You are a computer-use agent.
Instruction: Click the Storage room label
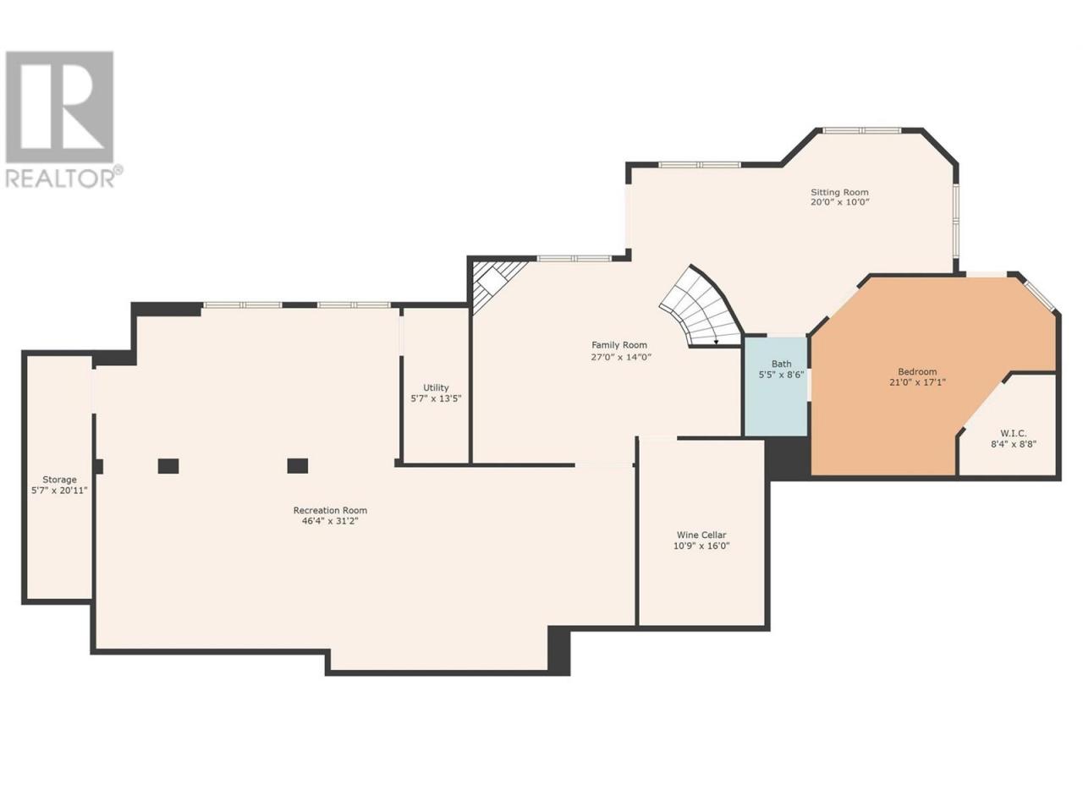59,480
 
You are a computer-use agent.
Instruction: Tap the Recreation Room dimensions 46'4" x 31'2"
330,521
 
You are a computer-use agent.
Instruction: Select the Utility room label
436,387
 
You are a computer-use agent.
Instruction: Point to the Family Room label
619,345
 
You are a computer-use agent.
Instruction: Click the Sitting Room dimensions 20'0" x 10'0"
840,201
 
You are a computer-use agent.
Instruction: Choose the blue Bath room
776,386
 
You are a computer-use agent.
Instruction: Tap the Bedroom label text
917,371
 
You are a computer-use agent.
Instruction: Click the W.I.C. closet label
1014,433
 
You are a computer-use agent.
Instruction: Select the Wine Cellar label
701,535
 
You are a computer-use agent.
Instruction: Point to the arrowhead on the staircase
716,342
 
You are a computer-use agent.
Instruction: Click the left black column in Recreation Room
168,466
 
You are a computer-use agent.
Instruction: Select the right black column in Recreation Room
298,466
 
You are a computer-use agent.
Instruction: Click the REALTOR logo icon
59,107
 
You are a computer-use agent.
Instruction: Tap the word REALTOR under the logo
60,178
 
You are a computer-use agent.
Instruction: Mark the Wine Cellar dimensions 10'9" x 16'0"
701,546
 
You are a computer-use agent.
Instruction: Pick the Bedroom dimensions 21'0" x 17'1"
917,382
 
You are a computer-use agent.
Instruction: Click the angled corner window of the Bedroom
1038,296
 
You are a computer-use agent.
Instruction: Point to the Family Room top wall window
574,258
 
